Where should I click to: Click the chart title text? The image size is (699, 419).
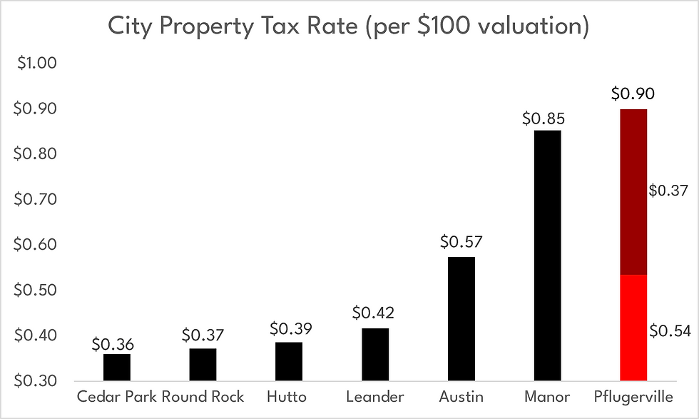point(349,26)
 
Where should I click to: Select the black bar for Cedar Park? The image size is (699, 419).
point(117,367)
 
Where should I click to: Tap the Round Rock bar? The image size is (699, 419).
point(203,364)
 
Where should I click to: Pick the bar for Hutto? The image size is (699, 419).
point(289,361)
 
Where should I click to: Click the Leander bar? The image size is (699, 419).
point(375,354)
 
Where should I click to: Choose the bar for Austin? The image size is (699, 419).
point(461,318)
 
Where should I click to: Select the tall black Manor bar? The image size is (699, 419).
point(547,255)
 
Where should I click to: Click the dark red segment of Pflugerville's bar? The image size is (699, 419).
point(633,192)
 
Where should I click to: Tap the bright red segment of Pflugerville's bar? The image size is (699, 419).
point(633,328)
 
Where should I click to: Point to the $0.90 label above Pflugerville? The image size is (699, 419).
point(633,94)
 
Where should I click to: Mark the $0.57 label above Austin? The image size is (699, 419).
point(461,242)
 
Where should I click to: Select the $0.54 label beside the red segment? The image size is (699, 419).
point(670,330)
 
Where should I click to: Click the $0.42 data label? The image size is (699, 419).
point(374,313)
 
